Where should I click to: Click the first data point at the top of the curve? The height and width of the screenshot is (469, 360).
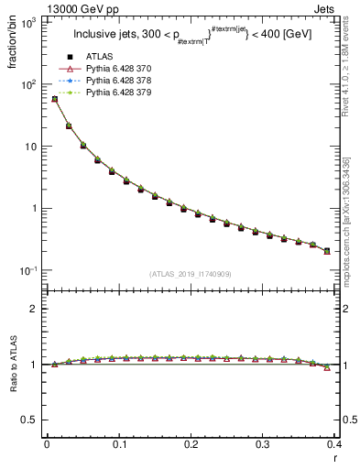pyautogui.click(x=54, y=99)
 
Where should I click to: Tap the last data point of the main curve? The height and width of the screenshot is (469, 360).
pyautogui.click(x=327, y=251)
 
